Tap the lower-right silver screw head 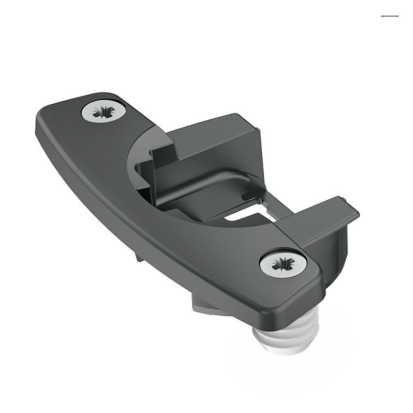283,263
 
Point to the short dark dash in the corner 389,17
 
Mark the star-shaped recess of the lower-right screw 283,263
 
